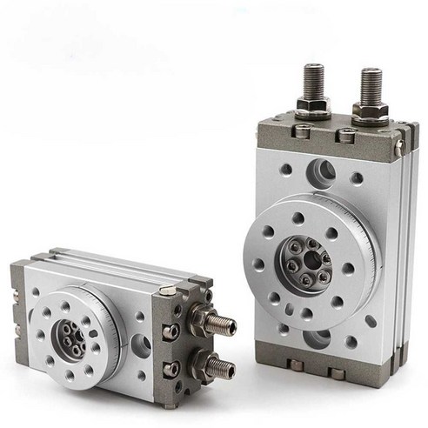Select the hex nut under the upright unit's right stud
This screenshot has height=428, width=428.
tap(370, 112)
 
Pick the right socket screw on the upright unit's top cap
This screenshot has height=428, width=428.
tap(347, 137)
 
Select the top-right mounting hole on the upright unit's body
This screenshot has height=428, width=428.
tap(358, 179)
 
